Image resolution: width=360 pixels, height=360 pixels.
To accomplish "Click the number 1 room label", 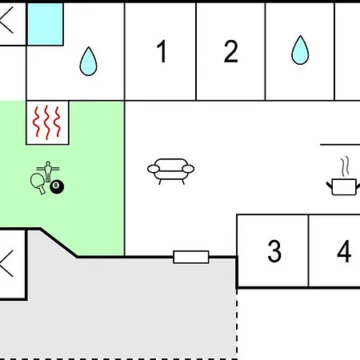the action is tap(162, 51).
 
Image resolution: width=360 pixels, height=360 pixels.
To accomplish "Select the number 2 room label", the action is tap(230, 51).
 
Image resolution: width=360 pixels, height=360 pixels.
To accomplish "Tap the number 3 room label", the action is tap(274, 251).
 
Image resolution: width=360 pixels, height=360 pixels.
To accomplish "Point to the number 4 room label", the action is tap(344, 251).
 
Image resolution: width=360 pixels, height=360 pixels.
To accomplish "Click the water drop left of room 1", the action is tap(88, 62).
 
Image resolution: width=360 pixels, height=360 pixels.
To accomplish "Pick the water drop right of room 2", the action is tap(300, 50).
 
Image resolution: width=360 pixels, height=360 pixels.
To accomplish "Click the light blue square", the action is tap(46, 24).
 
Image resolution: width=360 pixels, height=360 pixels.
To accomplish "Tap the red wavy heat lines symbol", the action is tap(47, 122).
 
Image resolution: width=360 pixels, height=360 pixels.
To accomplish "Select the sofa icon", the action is tap(170, 171).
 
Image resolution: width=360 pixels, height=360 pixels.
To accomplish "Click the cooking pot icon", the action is tap(343, 187).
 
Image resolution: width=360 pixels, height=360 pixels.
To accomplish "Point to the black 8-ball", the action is tap(57, 186).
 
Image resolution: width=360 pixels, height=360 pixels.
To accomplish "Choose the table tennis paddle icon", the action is tap(38, 183).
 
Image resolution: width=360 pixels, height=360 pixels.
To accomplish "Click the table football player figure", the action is tap(48, 170).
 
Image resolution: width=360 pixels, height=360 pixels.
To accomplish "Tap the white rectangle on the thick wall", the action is tap(191, 257).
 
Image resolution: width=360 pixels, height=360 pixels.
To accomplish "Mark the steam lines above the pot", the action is tap(345, 166).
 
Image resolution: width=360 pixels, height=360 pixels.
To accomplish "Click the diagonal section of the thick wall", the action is tap(59, 242).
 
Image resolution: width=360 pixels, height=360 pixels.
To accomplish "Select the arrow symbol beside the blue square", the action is tap(6, 20).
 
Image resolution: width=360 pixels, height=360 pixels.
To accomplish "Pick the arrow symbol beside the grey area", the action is tap(6, 263).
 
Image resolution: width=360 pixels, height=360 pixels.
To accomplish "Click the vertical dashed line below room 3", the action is tap(237, 323).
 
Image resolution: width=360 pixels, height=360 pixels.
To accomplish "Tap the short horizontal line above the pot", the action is tap(340, 145).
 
